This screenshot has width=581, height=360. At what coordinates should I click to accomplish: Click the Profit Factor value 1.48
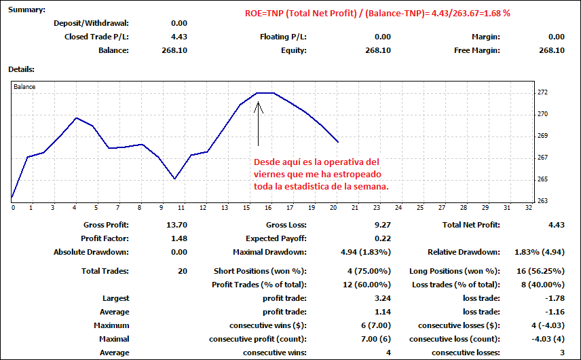click(179, 238)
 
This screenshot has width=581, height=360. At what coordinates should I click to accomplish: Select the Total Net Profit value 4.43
click(557, 225)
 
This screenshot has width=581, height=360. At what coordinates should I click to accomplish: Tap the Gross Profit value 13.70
click(176, 225)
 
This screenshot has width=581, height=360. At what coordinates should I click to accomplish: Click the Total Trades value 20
click(183, 271)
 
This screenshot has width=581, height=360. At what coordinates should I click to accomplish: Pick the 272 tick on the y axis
click(543, 92)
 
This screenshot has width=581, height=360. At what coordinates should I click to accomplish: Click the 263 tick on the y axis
click(543, 201)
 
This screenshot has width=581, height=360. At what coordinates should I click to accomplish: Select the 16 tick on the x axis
click(269, 208)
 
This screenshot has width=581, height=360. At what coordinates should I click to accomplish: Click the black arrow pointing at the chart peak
click(258, 122)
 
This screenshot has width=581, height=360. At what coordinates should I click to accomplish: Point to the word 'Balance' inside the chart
click(24, 88)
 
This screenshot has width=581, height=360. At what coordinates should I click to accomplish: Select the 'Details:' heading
click(21, 69)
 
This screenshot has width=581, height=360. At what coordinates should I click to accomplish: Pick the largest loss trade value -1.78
click(555, 298)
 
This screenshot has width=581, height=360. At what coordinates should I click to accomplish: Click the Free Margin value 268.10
click(551, 50)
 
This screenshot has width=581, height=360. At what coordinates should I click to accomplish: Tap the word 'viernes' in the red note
click(269, 175)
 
